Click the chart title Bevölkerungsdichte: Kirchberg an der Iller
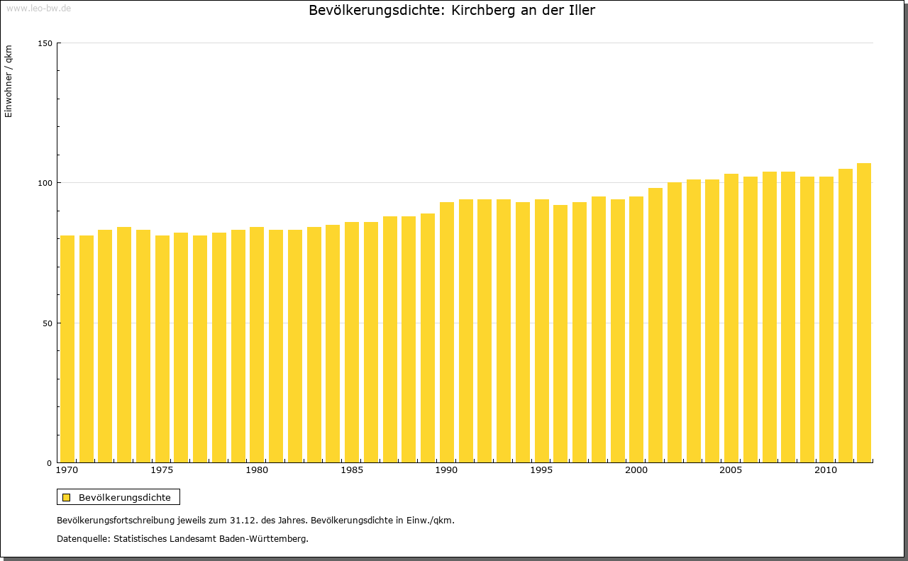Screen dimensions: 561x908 (x=452, y=11)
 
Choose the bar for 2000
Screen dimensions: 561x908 (x=636, y=329)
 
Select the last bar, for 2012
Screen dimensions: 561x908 (x=864, y=313)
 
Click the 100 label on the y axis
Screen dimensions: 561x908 (x=45, y=183)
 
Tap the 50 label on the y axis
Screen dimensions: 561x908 (x=48, y=323)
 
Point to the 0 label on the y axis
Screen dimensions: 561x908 (x=50, y=463)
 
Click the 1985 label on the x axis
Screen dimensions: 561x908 (x=352, y=470)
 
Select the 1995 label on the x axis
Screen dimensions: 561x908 (x=541, y=470)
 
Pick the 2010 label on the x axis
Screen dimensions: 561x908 (x=826, y=470)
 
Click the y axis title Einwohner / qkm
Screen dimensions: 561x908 (x=9, y=82)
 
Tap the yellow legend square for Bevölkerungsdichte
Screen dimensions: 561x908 (x=66, y=497)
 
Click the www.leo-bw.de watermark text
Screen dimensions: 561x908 (x=38, y=8)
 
